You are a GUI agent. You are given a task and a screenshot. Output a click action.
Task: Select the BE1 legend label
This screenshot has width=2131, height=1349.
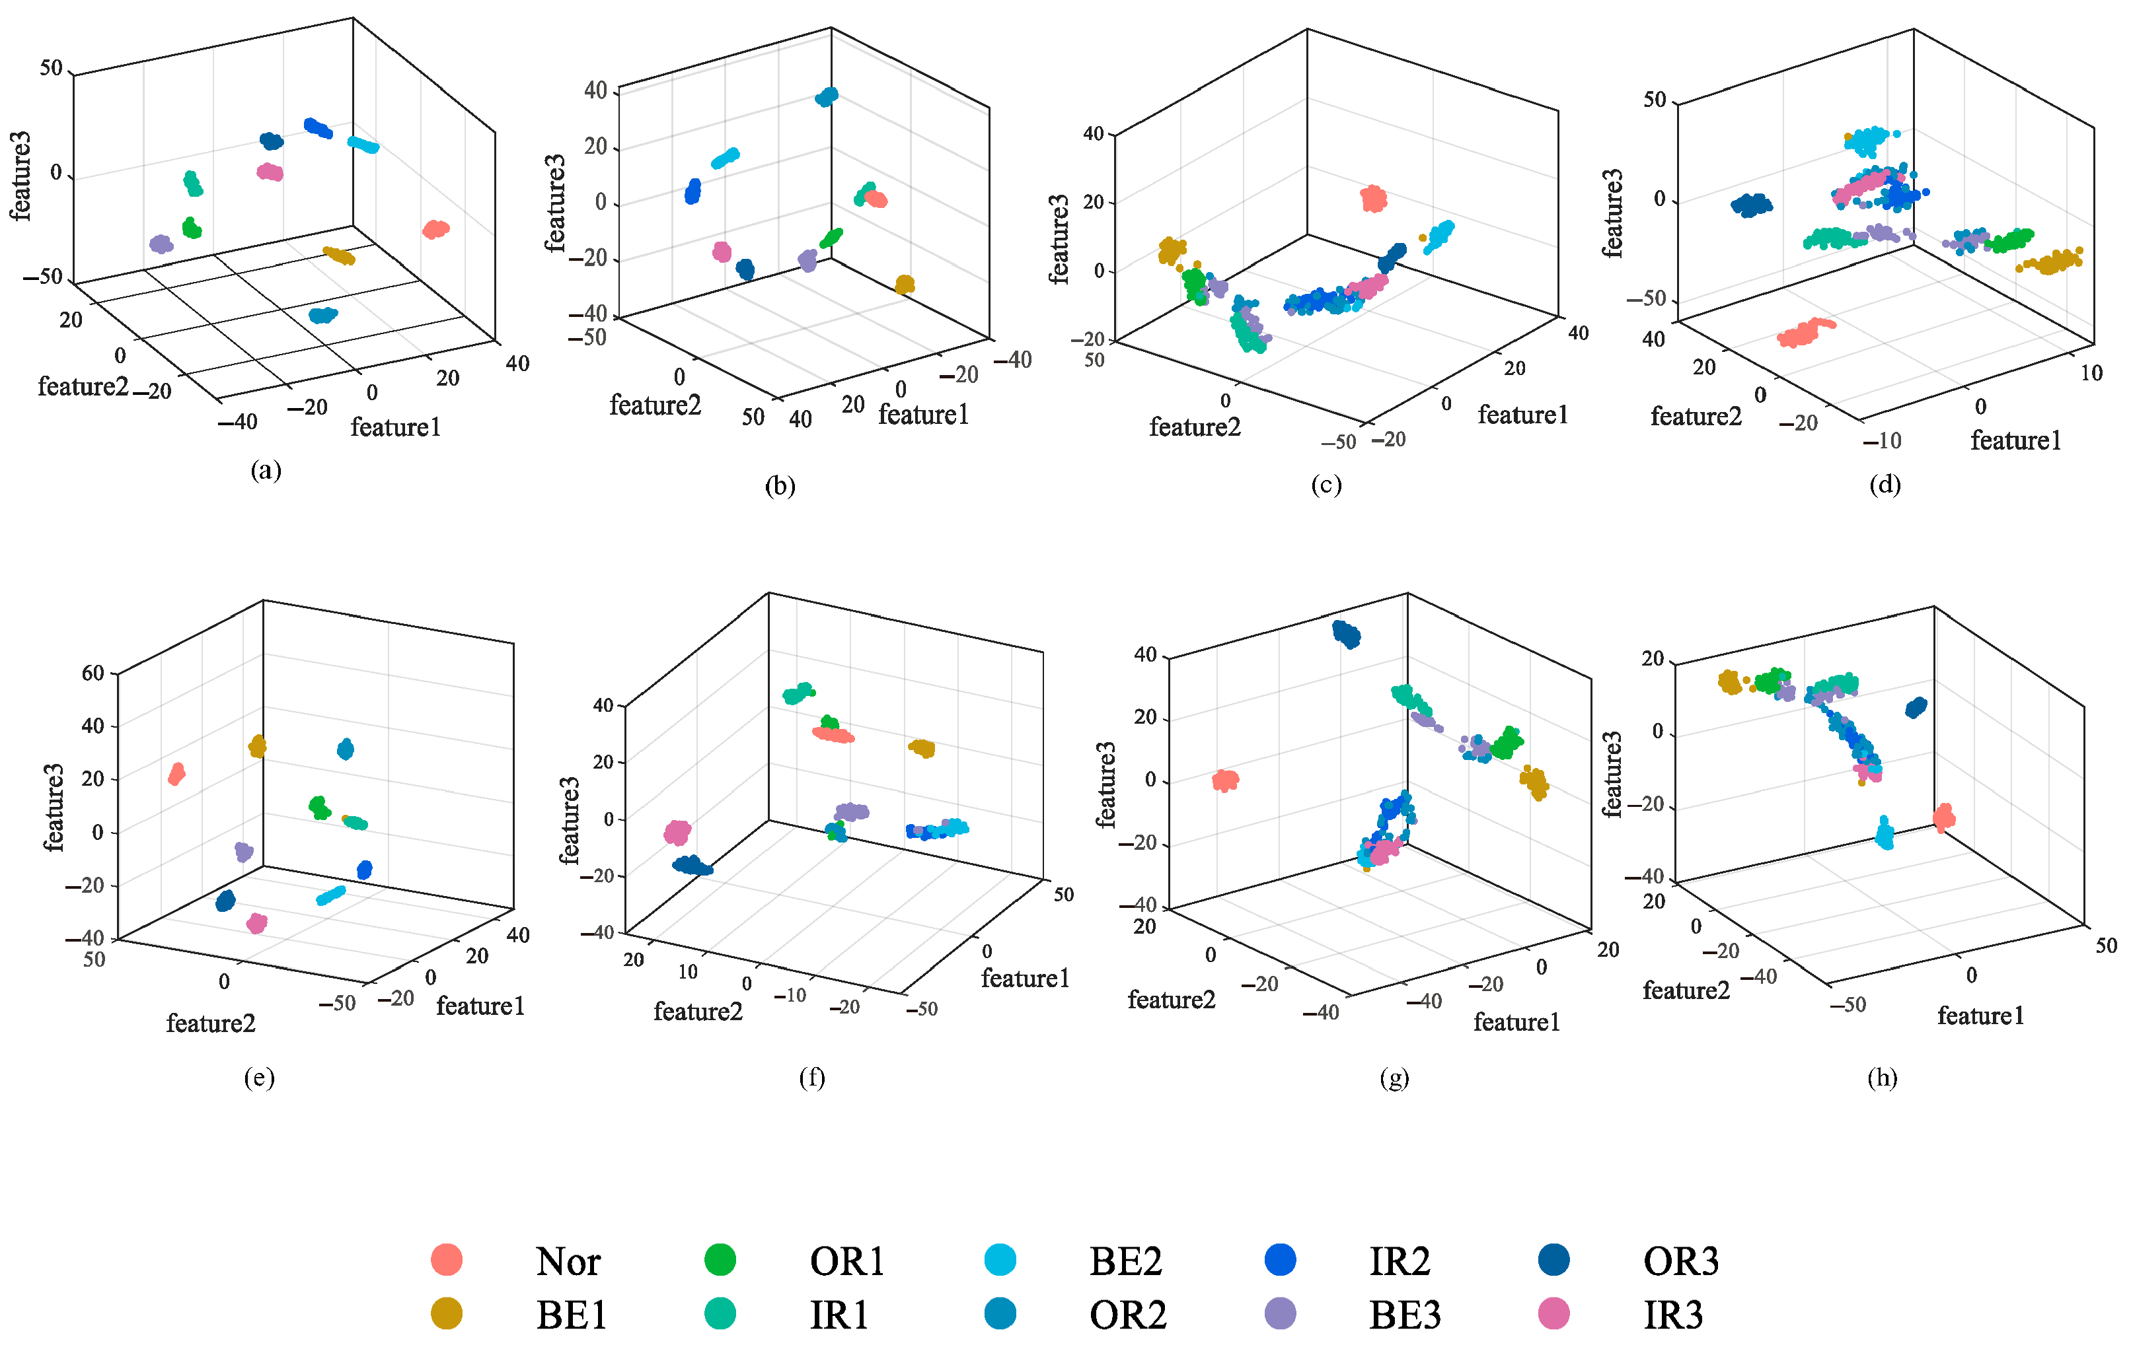(x=571, y=1315)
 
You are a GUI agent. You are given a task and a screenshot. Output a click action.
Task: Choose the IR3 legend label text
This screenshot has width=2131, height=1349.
(x=1672, y=1315)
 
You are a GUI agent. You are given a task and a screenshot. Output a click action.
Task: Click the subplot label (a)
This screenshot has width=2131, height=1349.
(x=266, y=469)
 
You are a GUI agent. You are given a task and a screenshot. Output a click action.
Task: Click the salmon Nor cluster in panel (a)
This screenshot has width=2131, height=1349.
(x=435, y=229)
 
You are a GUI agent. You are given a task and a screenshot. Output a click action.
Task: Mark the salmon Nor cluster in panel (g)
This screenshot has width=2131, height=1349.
(x=1225, y=779)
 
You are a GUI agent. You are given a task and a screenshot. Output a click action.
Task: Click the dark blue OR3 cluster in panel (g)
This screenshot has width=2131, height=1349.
(x=1346, y=633)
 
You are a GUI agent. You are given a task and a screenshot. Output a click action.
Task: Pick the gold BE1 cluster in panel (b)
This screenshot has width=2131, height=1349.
(x=905, y=284)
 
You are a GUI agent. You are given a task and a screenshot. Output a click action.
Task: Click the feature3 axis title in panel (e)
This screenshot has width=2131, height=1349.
(x=54, y=807)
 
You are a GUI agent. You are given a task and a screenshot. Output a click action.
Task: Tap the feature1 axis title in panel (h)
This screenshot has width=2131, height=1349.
(x=1980, y=1016)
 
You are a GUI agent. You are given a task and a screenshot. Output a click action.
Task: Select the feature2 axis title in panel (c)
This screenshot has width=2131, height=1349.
(x=1194, y=427)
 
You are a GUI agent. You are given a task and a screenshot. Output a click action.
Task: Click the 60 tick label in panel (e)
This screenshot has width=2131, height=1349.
(x=93, y=673)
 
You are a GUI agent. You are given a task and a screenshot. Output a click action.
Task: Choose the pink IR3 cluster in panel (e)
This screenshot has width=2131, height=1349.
(x=256, y=924)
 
